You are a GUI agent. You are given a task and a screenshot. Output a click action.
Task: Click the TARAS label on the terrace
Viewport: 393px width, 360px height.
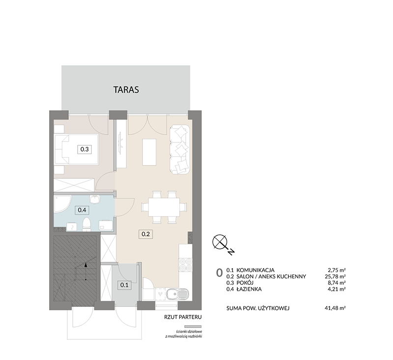coord(126,90)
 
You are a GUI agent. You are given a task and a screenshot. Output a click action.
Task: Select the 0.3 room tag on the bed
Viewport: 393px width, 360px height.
coord(84,149)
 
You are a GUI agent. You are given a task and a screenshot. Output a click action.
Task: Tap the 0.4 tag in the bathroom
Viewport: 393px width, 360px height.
coord(82,210)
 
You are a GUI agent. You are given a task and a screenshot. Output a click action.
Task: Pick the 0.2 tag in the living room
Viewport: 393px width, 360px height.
coord(145,234)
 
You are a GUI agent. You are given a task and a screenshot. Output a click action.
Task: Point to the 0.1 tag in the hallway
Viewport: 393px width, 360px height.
coord(124,285)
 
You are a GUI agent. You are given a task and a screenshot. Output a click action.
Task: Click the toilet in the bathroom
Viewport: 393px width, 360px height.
coord(86,224)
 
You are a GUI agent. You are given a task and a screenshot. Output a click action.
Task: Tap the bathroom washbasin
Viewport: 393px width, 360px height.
coord(95,199)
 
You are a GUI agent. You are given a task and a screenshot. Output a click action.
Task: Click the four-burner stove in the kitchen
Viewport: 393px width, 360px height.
coord(186,265)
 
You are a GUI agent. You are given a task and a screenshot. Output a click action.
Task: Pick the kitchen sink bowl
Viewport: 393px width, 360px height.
coord(172,294)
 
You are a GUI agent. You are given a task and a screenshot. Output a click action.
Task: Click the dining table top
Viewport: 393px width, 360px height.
coord(164,207)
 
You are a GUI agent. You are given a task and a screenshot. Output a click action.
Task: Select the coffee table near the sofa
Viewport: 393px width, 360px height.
coord(149,152)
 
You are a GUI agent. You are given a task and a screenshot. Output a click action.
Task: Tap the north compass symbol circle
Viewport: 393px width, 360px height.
coord(220,242)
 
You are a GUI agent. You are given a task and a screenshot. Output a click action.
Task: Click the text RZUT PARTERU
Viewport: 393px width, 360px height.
coord(183,317)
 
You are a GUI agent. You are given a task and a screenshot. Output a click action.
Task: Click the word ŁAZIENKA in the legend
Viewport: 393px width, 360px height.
coord(249,289)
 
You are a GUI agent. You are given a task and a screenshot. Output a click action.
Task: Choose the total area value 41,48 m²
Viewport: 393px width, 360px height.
coord(335,308)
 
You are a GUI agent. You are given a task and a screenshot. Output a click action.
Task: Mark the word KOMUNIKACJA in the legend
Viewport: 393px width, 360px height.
coord(255,270)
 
